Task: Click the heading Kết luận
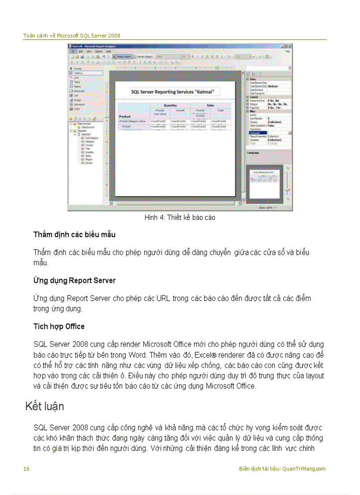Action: pyautogui.click(x=45, y=406)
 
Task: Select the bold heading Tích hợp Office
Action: pyautogui.click(x=59, y=327)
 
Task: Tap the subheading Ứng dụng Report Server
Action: pyautogui.click(x=74, y=280)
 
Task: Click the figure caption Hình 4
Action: pyautogui.click(x=180, y=218)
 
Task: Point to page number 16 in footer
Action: pyautogui.click(x=26, y=469)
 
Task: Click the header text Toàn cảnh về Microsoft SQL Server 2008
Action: pyautogui.click(x=71, y=36)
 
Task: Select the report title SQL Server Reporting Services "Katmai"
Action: pyautogui.click(x=175, y=92)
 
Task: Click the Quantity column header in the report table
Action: pyautogui.click(x=170, y=106)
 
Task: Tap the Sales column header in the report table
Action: pyautogui.click(x=210, y=106)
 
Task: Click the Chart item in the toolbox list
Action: pyautogui.click(x=77, y=108)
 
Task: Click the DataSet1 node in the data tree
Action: pyautogui.click(x=86, y=134)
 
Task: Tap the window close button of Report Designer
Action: pyautogui.click(x=290, y=46)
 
